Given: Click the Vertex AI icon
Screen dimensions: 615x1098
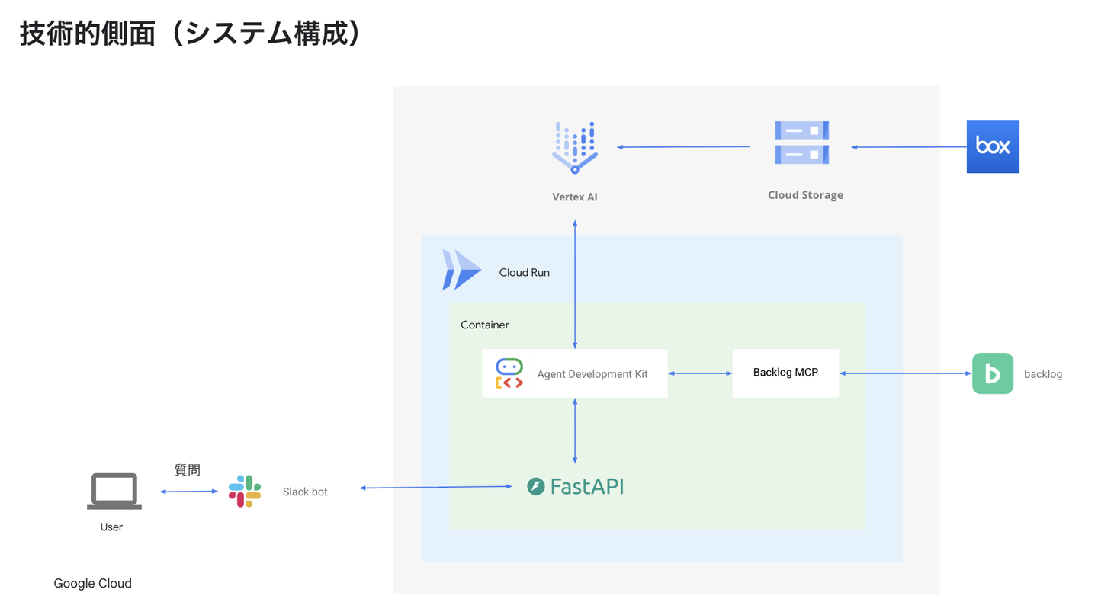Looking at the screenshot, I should click(575, 147).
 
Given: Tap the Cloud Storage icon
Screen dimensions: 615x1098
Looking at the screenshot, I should click(802, 143).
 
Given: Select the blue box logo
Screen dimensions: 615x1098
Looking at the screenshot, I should click(992, 146).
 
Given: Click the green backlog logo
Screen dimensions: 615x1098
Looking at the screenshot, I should click(992, 373).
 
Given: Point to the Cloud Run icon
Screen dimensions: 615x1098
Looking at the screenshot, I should click(461, 270).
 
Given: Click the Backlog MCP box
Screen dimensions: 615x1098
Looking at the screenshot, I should click(785, 373).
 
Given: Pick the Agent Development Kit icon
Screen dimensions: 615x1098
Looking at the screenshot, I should click(509, 373).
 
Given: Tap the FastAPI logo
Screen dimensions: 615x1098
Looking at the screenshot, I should click(576, 486).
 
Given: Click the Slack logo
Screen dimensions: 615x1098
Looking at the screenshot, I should click(245, 492).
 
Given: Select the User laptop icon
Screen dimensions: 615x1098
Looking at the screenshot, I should click(114, 492).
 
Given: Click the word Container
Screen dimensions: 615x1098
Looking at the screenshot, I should click(485, 325).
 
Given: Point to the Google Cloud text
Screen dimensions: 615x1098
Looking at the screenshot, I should click(92, 584).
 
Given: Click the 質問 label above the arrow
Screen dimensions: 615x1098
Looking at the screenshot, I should click(188, 470).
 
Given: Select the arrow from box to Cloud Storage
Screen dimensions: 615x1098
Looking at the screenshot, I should click(908, 147).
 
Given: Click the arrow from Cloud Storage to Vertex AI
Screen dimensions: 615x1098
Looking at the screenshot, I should click(683, 147).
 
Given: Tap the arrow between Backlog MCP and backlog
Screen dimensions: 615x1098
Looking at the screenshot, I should click(905, 373).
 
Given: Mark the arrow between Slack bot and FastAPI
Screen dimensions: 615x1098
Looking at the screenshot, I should click(435, 487).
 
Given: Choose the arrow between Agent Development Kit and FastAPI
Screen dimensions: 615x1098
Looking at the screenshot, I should click(575, 431).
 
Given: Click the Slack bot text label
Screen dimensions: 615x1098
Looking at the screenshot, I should click(305, 492).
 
